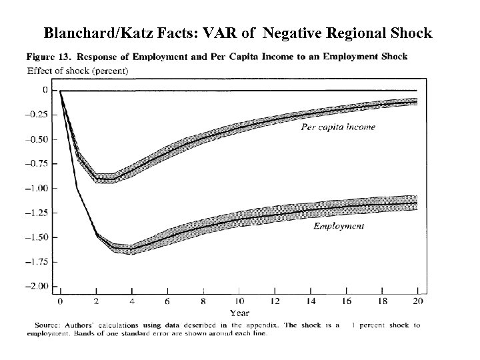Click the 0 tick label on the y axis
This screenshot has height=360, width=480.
point(45,90)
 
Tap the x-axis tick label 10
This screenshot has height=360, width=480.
point(239,301)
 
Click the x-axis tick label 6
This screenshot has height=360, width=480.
point(167,301)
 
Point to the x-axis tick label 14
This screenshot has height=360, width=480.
point(310,301)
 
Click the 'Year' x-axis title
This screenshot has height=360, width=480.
point(239,313)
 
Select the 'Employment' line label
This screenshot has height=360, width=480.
point(339,226)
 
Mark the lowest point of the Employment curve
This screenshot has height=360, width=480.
point(123,249)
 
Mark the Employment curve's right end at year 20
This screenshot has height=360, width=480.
point(416,203)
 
